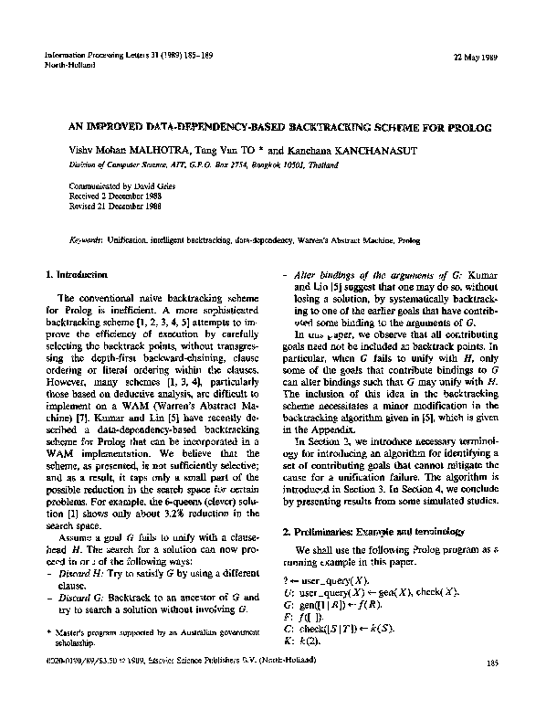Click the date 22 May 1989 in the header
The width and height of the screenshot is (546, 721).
478,57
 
